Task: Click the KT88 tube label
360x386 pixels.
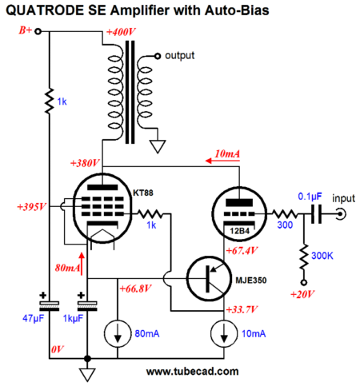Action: pos(143,193)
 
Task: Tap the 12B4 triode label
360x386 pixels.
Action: pos(240,231)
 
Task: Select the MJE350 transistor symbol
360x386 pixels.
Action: pos(209,279)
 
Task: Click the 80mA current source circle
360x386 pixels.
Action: pos(118,333)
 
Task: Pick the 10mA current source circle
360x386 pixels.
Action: pos(224,333)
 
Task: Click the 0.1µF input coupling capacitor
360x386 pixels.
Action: pos(317,214)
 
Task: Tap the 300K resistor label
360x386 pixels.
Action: pos(322,256)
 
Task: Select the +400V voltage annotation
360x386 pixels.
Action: pos(121,32)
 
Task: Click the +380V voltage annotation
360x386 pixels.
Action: pos(85,163)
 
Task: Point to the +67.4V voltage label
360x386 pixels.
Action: pos(242,251)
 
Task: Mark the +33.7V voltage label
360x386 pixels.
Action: pos(242,309)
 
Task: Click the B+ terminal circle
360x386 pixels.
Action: pos(38,32)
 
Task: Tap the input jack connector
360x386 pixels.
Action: pos(341,214)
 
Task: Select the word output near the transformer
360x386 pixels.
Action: pos(180,56)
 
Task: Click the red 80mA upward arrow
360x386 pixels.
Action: pos(82,264)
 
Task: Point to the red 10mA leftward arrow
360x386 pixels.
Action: pos(222,161)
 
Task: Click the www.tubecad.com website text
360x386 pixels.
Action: pos(192,372)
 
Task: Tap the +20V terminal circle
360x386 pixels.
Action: pos(303,283)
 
